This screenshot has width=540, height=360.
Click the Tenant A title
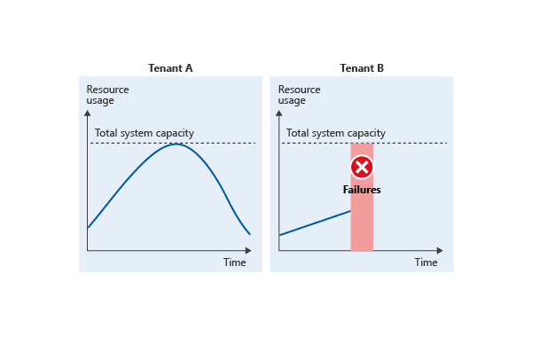(170, 68)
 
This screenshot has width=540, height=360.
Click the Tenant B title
(362, 68)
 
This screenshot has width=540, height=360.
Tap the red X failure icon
(362, 168)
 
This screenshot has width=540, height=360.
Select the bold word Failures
(362, 190)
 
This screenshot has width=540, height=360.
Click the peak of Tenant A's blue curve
(176, 144)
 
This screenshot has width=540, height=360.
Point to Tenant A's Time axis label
(234, 262)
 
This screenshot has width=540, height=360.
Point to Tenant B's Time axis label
(426, 262)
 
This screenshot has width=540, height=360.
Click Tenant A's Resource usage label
(107, 95)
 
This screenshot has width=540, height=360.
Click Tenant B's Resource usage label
(299, 95)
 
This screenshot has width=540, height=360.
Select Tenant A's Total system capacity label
(145, 133)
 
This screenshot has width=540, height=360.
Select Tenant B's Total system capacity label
(336, 133)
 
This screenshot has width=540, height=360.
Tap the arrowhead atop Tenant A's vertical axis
(88, 113)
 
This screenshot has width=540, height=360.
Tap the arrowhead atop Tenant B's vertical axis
(279, 113)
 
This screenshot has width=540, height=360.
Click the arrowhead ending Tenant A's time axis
(248, 250)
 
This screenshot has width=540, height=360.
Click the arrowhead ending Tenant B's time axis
(440, 250)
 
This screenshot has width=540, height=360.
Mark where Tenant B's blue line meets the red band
(350, 211)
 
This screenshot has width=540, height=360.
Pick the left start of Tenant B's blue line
(280, 235)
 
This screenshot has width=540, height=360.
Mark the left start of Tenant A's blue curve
(88, 227)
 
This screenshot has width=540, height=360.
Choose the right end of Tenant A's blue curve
(250, 234)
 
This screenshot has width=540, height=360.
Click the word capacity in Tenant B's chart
(370, 133)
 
